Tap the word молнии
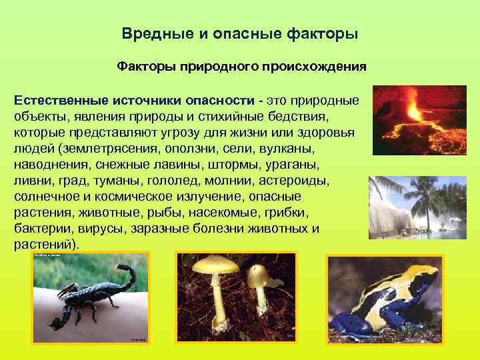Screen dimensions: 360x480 coord(227,180)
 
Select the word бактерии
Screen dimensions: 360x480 coord(37,228)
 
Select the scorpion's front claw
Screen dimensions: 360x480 coord(67,293)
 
